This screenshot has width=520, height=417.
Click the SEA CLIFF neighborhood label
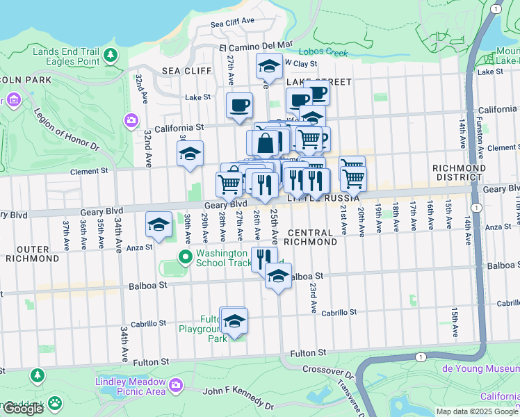181,71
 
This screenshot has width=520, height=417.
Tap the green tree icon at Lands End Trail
109,55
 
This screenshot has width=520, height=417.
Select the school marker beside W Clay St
270,67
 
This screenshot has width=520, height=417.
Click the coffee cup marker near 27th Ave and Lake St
239,106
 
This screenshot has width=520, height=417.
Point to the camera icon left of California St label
131,122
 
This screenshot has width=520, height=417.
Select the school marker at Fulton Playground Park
234,322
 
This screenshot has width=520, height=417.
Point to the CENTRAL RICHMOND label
311,237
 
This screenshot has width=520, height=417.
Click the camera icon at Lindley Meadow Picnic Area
175,384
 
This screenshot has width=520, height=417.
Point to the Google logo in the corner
23,409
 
